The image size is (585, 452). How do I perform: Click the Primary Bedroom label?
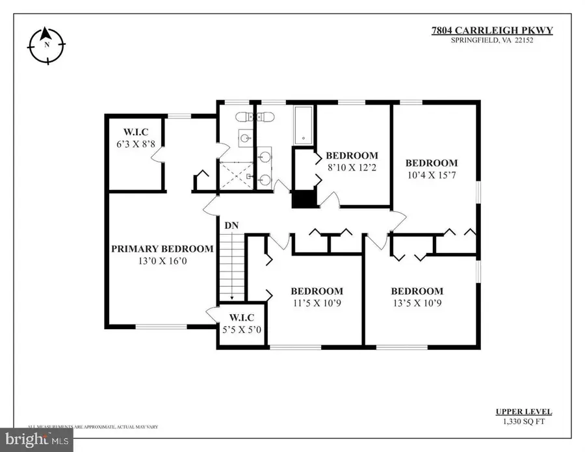tap(162, 248)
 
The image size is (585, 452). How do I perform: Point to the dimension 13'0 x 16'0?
tap(162, 261)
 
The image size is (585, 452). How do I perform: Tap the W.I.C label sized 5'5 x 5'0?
tap(241, 317)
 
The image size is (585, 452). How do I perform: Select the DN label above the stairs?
tap(231, 225)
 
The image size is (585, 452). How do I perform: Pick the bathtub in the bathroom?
tap(304, 126)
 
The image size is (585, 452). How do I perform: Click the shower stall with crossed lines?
tap(237, 174)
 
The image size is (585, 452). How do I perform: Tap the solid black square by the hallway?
tap(303, 199)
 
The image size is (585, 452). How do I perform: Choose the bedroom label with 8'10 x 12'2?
tap(352, 155)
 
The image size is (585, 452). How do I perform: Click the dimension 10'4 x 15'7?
tap(432, 175)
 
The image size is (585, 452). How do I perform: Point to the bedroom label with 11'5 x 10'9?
tap(317, 291)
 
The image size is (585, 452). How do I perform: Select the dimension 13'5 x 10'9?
tap(417, 303)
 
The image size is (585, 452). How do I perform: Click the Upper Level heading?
tap(524, 412)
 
